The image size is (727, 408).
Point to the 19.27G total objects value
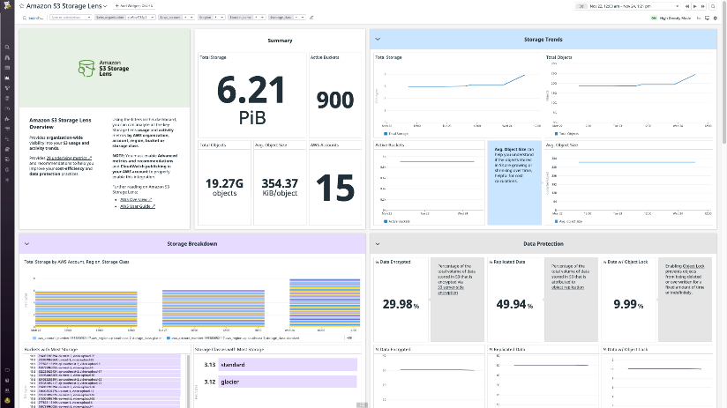[x=224, y=182]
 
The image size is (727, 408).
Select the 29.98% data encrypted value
[x=400, y=304]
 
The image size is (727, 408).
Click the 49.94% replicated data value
[x=513, y=304]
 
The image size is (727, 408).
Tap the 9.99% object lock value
[x=628, y=304]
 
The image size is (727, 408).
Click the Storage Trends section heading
[x=545, y=39]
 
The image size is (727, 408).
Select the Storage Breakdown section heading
[x=191, y=243]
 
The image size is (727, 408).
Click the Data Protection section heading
[x=545, y=243]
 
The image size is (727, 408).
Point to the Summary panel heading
[x=280, y=41]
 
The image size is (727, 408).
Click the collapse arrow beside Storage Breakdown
[x=26, y=243]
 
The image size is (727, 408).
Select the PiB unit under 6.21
[x=251, y=116]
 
